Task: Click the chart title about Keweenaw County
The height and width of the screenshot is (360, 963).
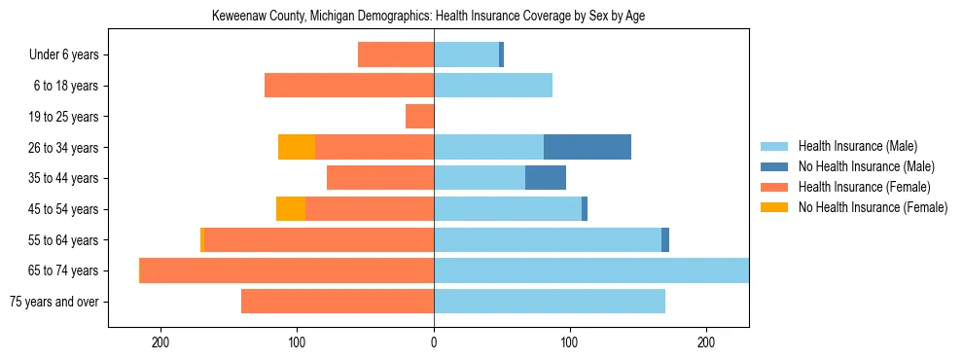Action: pyautogui.click(x=428, y=16)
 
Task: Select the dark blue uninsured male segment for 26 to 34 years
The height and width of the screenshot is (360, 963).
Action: pyautogui.click(x=587, y=147)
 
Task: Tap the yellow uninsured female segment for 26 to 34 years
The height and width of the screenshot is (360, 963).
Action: pyautogui.click(x=297, y=147)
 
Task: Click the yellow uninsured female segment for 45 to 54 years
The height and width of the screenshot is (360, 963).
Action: pyautogui.click(x=291, y=208)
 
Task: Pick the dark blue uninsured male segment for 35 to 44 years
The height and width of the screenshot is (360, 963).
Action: pyautogui.click(x=545, y=178)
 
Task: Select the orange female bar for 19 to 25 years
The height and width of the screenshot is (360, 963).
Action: pyautogui.click(x=419, y=117)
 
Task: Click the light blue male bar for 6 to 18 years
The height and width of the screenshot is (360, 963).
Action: pyautogui.click(x=493, y=86)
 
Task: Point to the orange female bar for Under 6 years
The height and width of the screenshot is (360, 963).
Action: pyautogui.click(x=396, y=54)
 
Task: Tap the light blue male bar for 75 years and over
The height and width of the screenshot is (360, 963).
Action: pyautogui.click(x=550, y=302)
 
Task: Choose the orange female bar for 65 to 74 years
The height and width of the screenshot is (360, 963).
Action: pyautogui.click(x=287, y=270)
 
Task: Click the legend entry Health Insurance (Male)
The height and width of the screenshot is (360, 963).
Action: pyautogui.click(x=857, y=146)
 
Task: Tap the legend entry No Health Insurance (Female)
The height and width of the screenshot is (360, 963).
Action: pyautogui.click(x=873, y=207)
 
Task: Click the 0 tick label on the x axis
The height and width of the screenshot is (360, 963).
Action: pyautogui.click(x=434, y=342)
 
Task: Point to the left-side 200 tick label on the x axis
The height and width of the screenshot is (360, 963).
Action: pyautogui.click(x=161, y=342)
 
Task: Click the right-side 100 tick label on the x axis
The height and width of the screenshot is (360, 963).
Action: pyautogui.click(x=570, y=342)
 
